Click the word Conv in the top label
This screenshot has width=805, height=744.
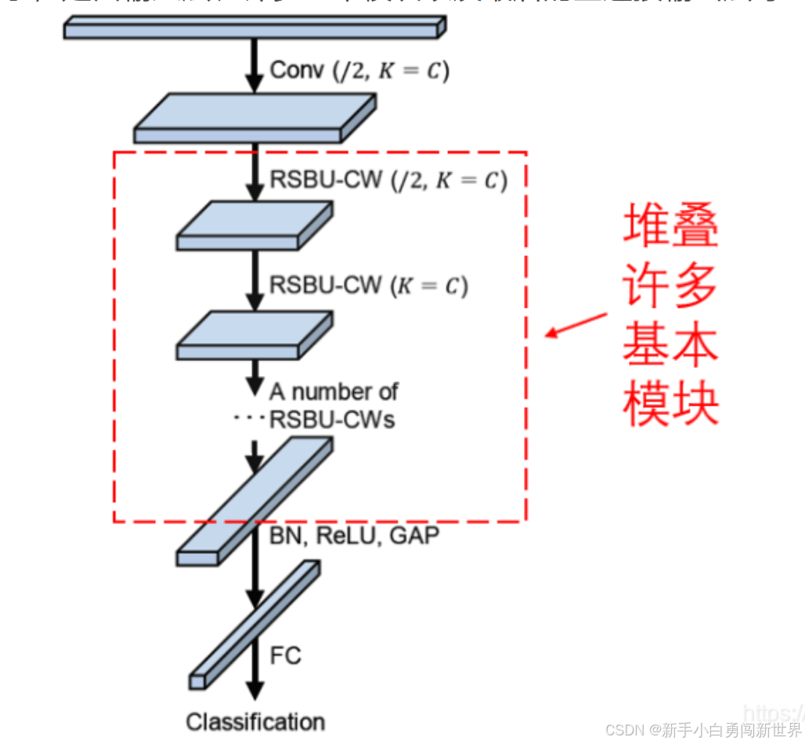(297, 70)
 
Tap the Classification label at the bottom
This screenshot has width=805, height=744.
(255, 721)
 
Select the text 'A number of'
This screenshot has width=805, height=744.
(334, 391)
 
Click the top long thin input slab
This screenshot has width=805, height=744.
(254, 28)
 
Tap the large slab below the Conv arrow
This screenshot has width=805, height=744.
(254, 117)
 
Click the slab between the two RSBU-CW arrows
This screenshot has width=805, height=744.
(254, 224)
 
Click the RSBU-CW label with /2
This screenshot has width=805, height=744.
(388, 180)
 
